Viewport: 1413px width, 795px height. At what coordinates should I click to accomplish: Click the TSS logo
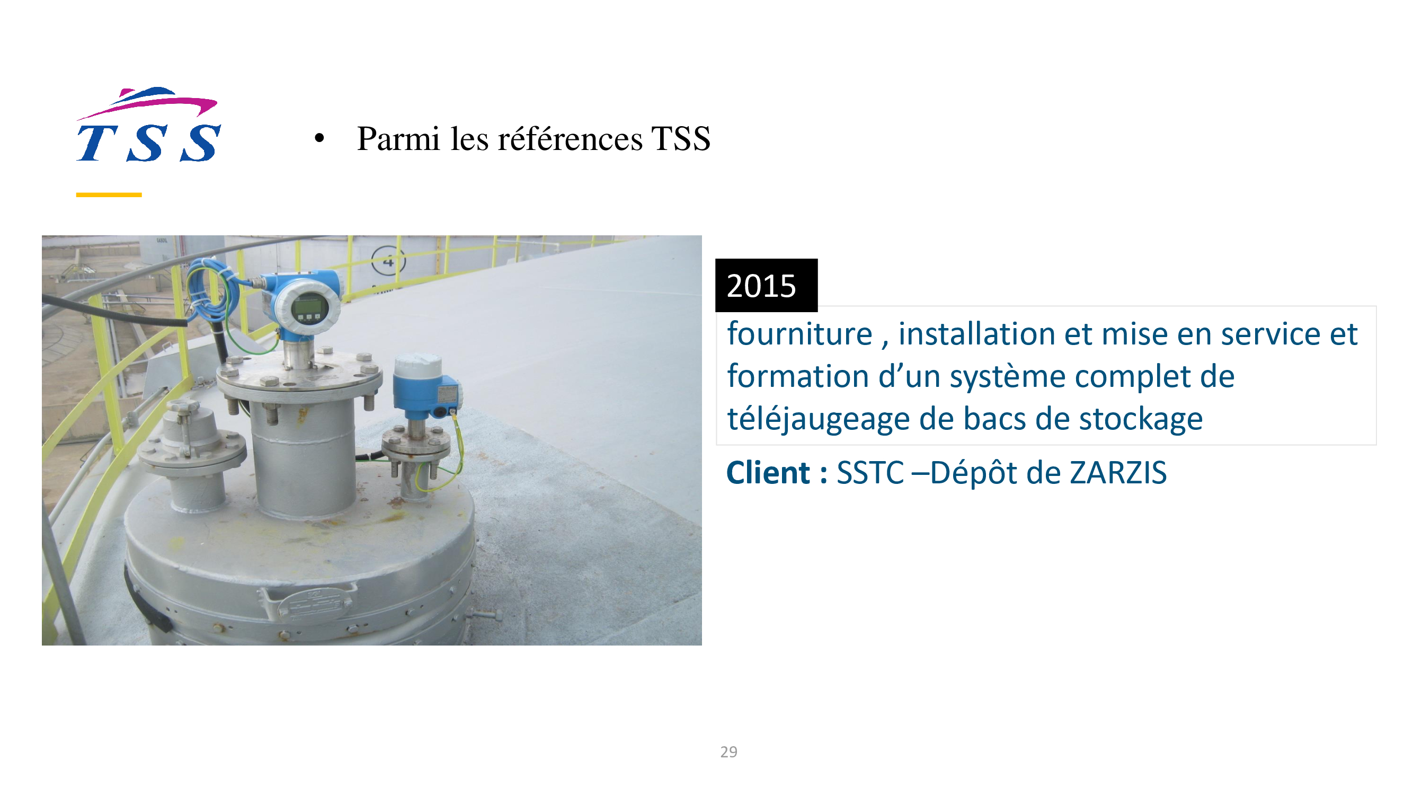149,125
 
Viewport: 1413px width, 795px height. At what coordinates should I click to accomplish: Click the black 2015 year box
766,285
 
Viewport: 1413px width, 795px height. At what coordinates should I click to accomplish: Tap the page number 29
728,752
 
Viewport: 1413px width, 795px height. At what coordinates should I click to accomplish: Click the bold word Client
768,472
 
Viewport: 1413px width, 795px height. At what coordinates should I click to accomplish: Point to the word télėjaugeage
818,420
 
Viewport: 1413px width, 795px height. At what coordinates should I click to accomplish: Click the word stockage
1141,420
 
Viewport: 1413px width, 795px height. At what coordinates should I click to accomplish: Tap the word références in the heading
570,138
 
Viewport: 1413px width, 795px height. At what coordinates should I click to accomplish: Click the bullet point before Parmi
319,138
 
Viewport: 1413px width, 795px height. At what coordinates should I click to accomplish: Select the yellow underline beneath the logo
109,195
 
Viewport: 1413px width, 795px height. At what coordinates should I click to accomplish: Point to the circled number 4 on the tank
388,261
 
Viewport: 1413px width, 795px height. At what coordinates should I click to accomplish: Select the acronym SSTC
870,472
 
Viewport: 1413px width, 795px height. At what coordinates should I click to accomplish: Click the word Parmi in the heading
398,138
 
